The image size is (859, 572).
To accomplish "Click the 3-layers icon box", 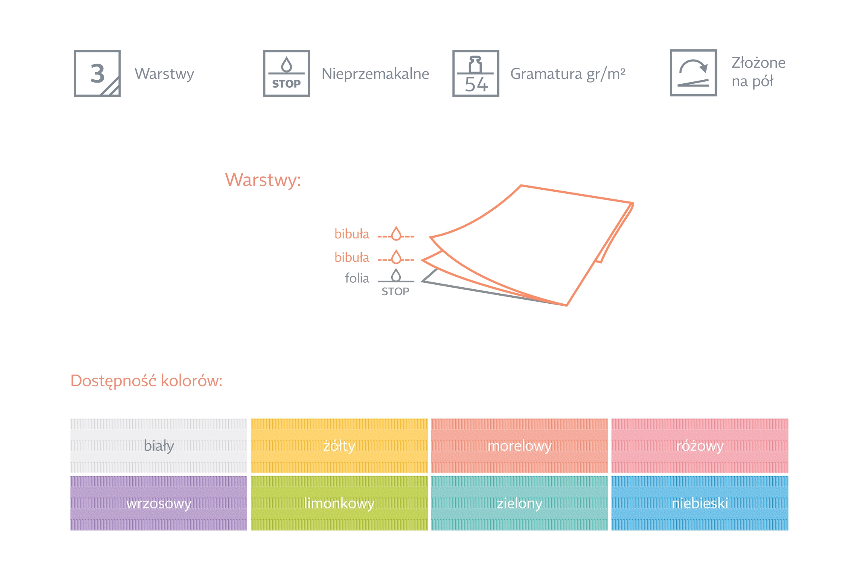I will coord(97,73).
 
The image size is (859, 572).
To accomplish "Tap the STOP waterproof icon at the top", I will coord(286,73).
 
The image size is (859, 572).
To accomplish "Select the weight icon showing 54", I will coord(475,73).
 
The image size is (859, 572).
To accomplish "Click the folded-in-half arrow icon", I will coord(693,73).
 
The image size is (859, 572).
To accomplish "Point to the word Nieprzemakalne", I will coord(375,74).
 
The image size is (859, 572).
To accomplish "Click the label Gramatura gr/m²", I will coord(567,74).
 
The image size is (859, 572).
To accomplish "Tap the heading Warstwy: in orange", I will coord(263,180).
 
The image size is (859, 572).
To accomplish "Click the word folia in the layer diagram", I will coord(357,278).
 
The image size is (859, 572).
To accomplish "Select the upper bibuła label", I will coord(352,234).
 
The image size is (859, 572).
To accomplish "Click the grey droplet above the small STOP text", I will coord(396,275).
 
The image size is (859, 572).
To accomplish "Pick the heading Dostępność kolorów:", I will coord(146,381).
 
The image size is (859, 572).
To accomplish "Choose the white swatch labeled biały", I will coord(158,446).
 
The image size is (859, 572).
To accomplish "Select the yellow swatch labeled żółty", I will coord(339,446).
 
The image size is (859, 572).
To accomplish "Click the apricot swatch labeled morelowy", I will coord(519,446).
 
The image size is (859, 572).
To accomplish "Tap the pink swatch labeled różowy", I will coord(700,446).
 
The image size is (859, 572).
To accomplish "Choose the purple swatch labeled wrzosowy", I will coord(158,503).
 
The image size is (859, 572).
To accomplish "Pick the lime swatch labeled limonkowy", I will coord(339,503).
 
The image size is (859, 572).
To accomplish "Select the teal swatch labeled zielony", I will coord(519,503).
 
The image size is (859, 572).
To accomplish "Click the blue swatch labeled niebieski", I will coord(700,503).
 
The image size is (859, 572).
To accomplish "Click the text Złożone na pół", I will coord(758,72).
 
